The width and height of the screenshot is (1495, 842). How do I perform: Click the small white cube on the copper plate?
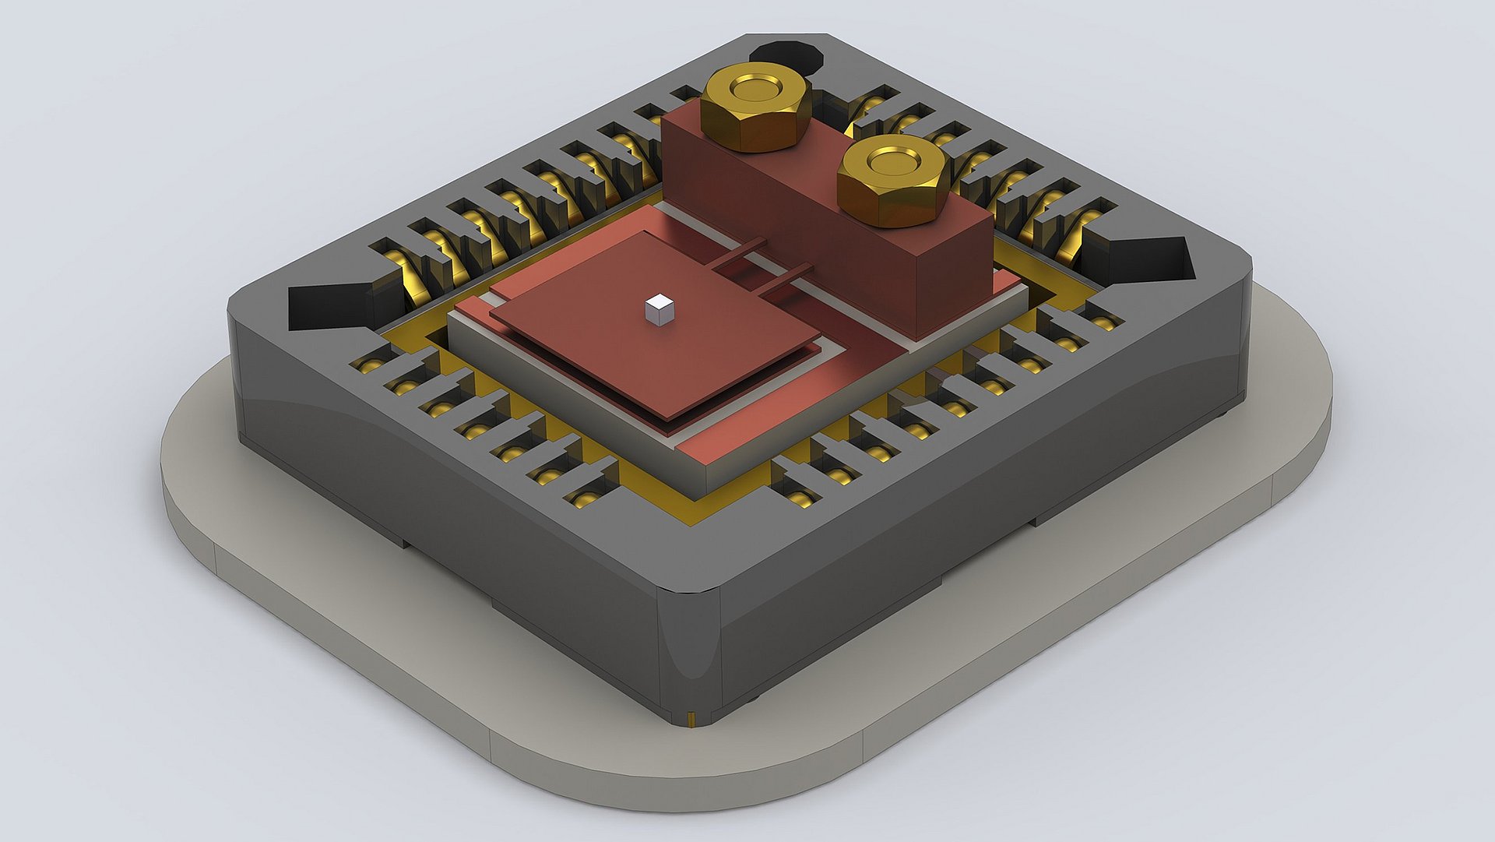coord(659,309)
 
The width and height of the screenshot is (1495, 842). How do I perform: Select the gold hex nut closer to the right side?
coord(893,181)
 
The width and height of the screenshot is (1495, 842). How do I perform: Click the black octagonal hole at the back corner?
coord(786,56)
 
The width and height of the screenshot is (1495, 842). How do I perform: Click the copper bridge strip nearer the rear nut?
coord(740,254)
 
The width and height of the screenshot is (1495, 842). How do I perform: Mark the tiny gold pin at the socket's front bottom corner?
coord(691,717)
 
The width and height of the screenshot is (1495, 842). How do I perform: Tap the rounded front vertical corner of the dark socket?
coord(689,654)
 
